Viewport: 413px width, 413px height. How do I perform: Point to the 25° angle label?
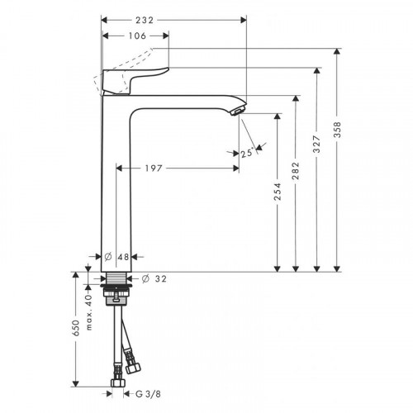click(247, 152)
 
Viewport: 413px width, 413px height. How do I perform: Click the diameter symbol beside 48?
click(110, 256)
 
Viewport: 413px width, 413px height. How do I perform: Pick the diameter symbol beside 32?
click(145, 278)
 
